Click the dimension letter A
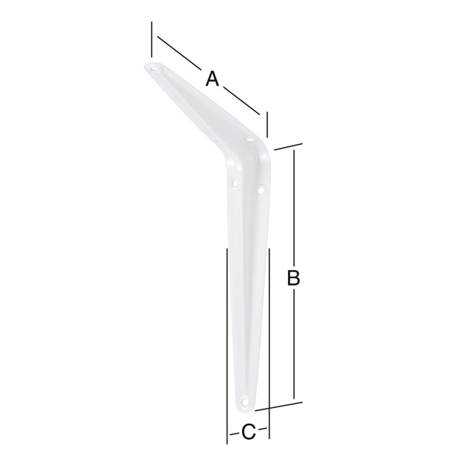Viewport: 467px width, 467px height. point(212,79)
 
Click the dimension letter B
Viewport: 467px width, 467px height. point(293,278)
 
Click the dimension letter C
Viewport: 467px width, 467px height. point(248,432)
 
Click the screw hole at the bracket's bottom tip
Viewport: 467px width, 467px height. point(245,402)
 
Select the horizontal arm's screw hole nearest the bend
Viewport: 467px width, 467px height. point(250,139)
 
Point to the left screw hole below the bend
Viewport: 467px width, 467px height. point(235,183)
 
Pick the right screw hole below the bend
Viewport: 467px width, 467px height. point(261,189)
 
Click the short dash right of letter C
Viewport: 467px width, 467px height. point(262,429)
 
